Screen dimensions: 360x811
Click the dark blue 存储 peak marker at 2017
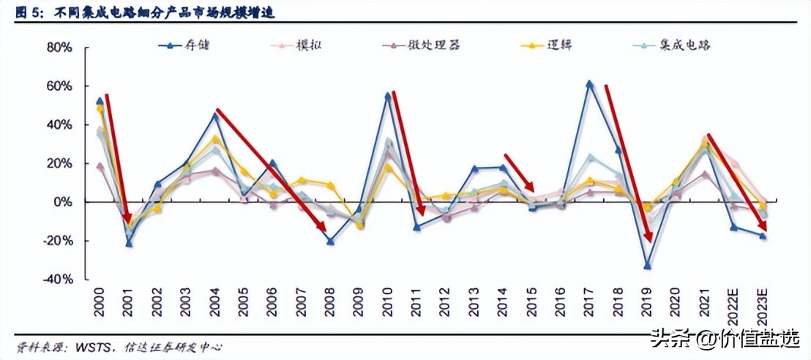(x=589, y=84)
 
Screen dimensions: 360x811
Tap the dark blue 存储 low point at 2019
(x=647, y=266)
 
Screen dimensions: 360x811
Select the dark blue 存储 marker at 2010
(x=388, y=96)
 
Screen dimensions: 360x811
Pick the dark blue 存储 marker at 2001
(x=129, y=244)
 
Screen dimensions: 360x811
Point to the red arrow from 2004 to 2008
(x=271, y=170)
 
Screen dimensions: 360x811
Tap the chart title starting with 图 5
(x=146, y=12)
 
